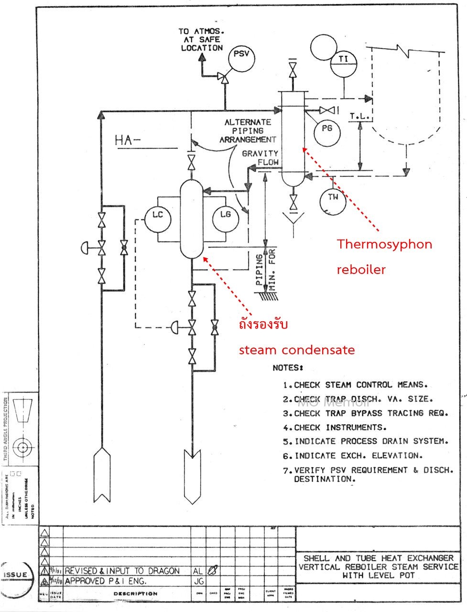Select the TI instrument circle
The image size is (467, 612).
pos(343,60)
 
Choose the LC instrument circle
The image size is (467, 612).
pos(158,215)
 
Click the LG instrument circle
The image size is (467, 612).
pos(225,215)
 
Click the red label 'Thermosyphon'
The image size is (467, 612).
pos(384,245)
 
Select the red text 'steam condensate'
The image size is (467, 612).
pos(296,350)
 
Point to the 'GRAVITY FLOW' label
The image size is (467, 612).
pos(261,158)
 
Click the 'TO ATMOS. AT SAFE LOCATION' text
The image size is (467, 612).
pos(201,40)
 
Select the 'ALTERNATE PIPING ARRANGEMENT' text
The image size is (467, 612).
pos(248,131)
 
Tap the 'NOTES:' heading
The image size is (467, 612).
pos(288,368)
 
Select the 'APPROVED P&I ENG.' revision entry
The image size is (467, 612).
pos(106,581)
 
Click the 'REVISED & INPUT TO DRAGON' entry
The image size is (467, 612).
pos(122,571)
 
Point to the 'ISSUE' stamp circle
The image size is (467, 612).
pos(16,576)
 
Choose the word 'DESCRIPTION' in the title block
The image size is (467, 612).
pos(135,594)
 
